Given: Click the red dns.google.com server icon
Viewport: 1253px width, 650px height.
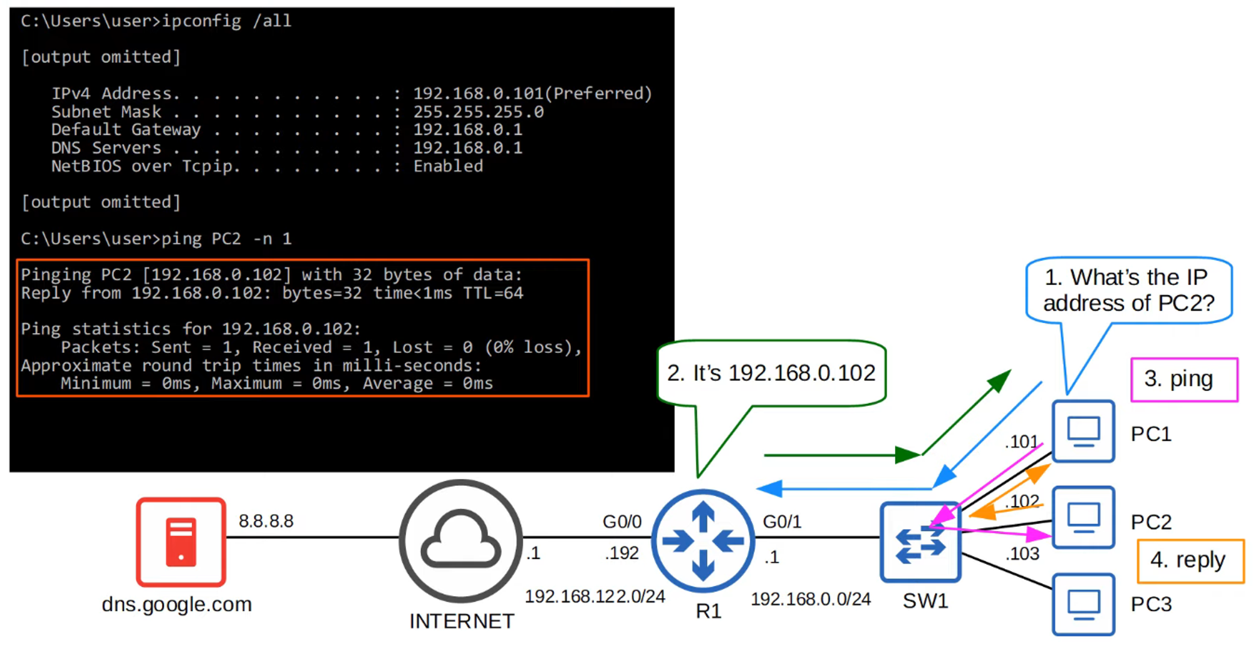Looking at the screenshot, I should click(x=181, y=542).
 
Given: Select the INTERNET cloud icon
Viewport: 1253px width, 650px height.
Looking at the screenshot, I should click(x=460, y=541).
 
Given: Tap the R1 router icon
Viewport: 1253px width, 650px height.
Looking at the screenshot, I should click(x=703, y=541).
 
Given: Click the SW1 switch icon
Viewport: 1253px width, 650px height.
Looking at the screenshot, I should click(x=920, y=542).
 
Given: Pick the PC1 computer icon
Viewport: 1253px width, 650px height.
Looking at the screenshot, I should click(x=1083, y=431).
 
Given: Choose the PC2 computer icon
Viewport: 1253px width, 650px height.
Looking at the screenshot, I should click(x=1083, y=518).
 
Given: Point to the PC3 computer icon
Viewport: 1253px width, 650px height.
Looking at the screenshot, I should click(x=1083, y=604).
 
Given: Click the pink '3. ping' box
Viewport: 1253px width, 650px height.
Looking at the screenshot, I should click(x=1183, y=379).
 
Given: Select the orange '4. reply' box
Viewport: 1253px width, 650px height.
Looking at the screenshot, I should click(x=1190, y=560).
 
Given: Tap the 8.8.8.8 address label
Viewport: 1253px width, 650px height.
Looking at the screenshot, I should click(x=266, y=521).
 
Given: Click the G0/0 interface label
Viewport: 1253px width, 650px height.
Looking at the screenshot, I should click(x=621, y=522).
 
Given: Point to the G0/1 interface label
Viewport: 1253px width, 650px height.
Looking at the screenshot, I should click(x=782, y=522).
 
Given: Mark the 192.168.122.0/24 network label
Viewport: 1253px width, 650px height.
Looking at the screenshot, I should click(x=595, y=596).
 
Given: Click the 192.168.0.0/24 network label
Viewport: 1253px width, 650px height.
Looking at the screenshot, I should click(x=811, y=599).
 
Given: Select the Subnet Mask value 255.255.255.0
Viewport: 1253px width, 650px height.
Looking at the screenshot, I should click(x=478, y=112).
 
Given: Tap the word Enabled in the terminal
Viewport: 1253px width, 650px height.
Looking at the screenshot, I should click(x=448, y=166).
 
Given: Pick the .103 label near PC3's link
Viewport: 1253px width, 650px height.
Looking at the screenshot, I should click(x=1022, y=554).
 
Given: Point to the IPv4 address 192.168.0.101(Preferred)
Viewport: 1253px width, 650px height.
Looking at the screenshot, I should click(x=533, y=94).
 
